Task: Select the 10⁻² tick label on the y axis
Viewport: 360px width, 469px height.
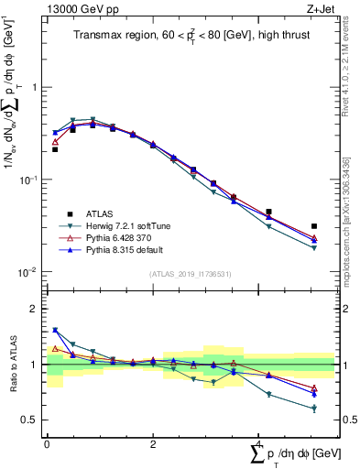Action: click(x=27, y=272)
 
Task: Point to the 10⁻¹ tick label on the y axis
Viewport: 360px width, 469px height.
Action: click(x=27, y=180)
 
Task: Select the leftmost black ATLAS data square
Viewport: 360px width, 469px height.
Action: click(x=55, y=148)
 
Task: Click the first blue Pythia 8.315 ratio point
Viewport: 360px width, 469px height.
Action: click(x=55, y=330)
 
